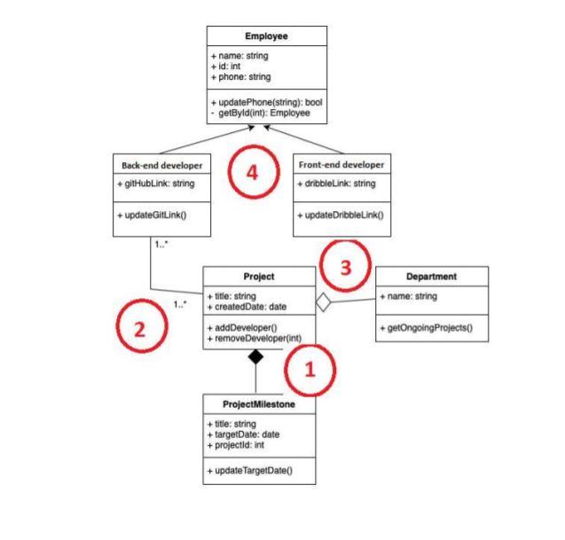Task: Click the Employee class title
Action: tap(267, 36)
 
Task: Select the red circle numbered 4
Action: tap(252, 174)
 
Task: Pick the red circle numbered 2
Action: tap(138, 329)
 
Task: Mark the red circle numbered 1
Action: tap(309, 371)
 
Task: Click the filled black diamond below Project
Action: tap(255, 356)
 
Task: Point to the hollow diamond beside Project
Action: tap(324, 303)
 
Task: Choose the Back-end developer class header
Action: tap(162, 165)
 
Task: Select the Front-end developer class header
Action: tap(341, 165)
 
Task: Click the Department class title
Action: tap(431, 276)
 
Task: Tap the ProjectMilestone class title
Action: tap(257, 404)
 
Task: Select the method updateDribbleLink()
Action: tap(341, 215)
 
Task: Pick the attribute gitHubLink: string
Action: tap(155, 184)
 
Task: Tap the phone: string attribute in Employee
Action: tap(241, 77)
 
